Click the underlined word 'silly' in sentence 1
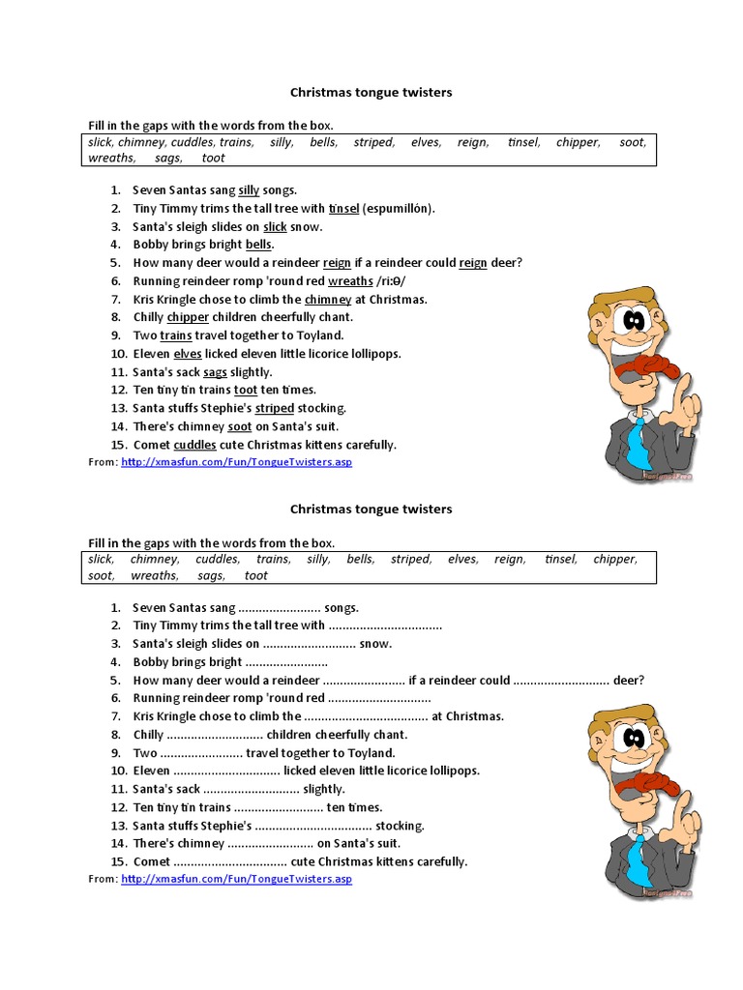(249, 190)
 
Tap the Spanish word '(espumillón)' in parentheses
(399, 209)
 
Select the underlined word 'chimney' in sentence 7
(327, 300)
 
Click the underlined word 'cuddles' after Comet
(194, 445)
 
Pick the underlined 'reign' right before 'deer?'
(473, 263)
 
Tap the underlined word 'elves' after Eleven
(188, 354)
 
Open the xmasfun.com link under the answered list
(236, 463)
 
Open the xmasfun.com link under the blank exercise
(236, 879)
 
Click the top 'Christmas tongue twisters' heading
(371, 93)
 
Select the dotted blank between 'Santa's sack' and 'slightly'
(252, 789)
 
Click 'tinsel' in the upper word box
(523, 142)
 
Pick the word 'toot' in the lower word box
(256, 575)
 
